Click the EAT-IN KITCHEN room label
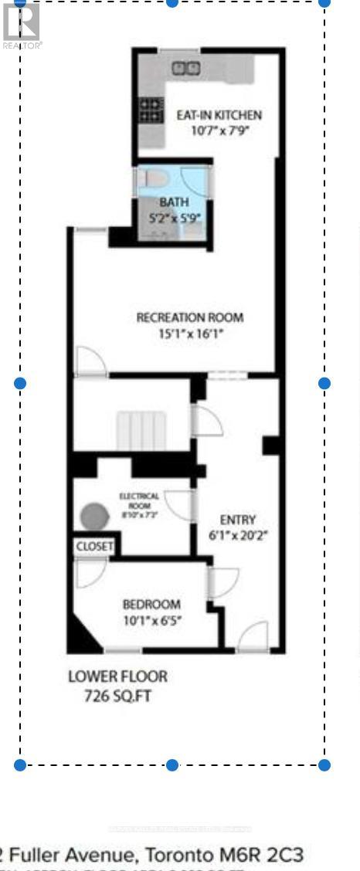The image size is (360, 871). (219, 115)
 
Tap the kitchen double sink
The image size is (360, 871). (185, 68)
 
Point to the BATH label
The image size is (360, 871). (174, 202)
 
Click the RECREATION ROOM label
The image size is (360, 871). (189, 317)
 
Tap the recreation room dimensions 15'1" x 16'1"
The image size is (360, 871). (189, 334)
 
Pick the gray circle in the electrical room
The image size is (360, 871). (96, 516)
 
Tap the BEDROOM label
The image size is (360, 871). (151, 604)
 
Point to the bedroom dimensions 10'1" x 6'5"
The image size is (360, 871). (151, 619)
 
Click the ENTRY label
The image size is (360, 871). (237, 520)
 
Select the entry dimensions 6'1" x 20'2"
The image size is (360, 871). (237, 534)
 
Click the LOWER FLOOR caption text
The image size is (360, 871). (117, 677)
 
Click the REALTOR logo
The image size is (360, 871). (22, 25)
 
